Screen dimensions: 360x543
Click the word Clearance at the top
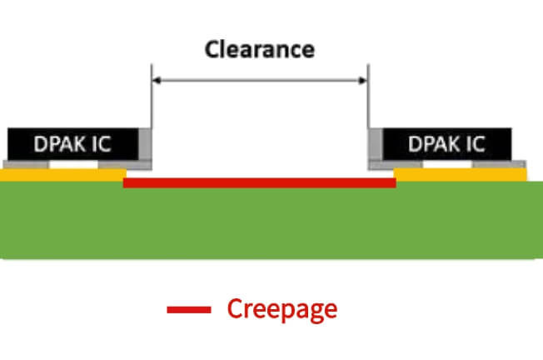click(259, 49)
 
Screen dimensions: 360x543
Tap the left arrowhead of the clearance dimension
click(156, 81)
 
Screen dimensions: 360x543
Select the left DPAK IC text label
click(72, 144)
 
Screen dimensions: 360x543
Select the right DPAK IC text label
click(446, 144)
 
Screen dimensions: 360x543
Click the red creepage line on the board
click(259, 182)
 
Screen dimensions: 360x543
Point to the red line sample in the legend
click(188, 310)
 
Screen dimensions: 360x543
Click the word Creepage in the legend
click(282, 309)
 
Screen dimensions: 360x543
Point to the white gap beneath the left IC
click(72, 165)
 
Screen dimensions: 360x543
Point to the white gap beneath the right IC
click(447, 165)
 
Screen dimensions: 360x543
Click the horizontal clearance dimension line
click(259, 81)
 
